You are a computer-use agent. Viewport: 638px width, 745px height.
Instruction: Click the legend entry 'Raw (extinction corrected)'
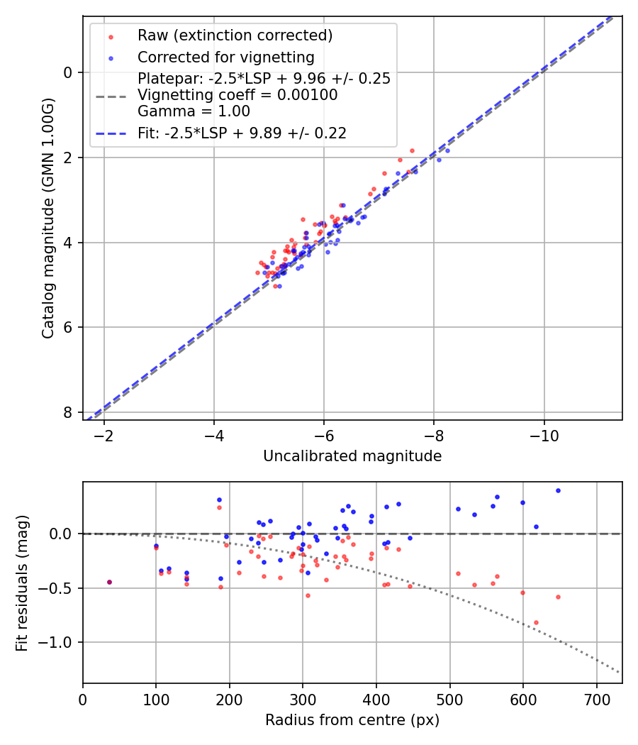pyautogui.click(x=235, y=35)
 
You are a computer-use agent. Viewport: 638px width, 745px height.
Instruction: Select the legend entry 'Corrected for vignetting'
pyautogui.click(x=226, y=57)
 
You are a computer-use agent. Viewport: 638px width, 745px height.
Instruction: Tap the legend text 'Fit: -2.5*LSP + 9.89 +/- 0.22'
pyautogui.click(x=242, y=133)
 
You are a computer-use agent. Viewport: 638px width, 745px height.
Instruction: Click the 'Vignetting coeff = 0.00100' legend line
pyautogui.click(x=237, y=95)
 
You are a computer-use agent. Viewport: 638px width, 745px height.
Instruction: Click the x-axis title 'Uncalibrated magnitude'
pyautogui.click(x=352, y=456)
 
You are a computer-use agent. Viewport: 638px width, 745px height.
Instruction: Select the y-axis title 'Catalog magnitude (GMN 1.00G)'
pyautogui.click(x=48, y=218)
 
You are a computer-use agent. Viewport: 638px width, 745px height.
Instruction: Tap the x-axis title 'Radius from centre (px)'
pyautogui.click(x=352, y=720)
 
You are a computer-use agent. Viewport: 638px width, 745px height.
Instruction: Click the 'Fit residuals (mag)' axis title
pyautogui.click(x=22, y=583)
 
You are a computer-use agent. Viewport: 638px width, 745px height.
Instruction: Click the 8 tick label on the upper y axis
pyautogui.click(x=68, y=412)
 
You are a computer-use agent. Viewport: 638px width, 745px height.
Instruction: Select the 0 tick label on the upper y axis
pyautogui.click(x=68, y=72)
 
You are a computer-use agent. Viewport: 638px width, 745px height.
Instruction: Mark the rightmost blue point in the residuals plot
pyautogui.click(x=558, y=490)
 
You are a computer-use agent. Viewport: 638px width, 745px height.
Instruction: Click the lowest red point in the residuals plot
pyautogui.click(x=536, y=622)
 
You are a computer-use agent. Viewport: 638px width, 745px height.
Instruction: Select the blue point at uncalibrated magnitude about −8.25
pyautogui.click(x=447, y=150)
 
